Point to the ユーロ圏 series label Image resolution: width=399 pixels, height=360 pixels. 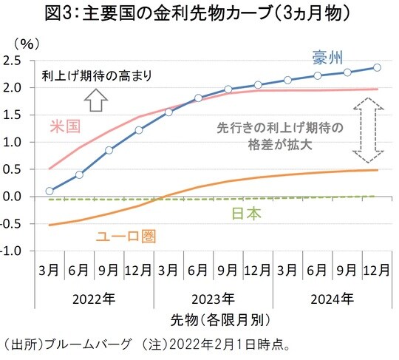[x=126, y=237]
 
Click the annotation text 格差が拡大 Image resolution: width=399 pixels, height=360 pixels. [x=279, y=144]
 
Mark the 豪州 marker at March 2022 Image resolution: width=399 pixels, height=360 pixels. [x=49, y=191]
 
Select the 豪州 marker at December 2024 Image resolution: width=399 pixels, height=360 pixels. [x=377, y=67]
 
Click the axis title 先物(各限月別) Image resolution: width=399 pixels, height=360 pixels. [x=213, y=320]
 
